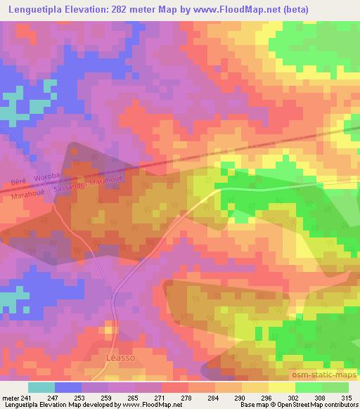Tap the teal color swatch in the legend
pos(41,387)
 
